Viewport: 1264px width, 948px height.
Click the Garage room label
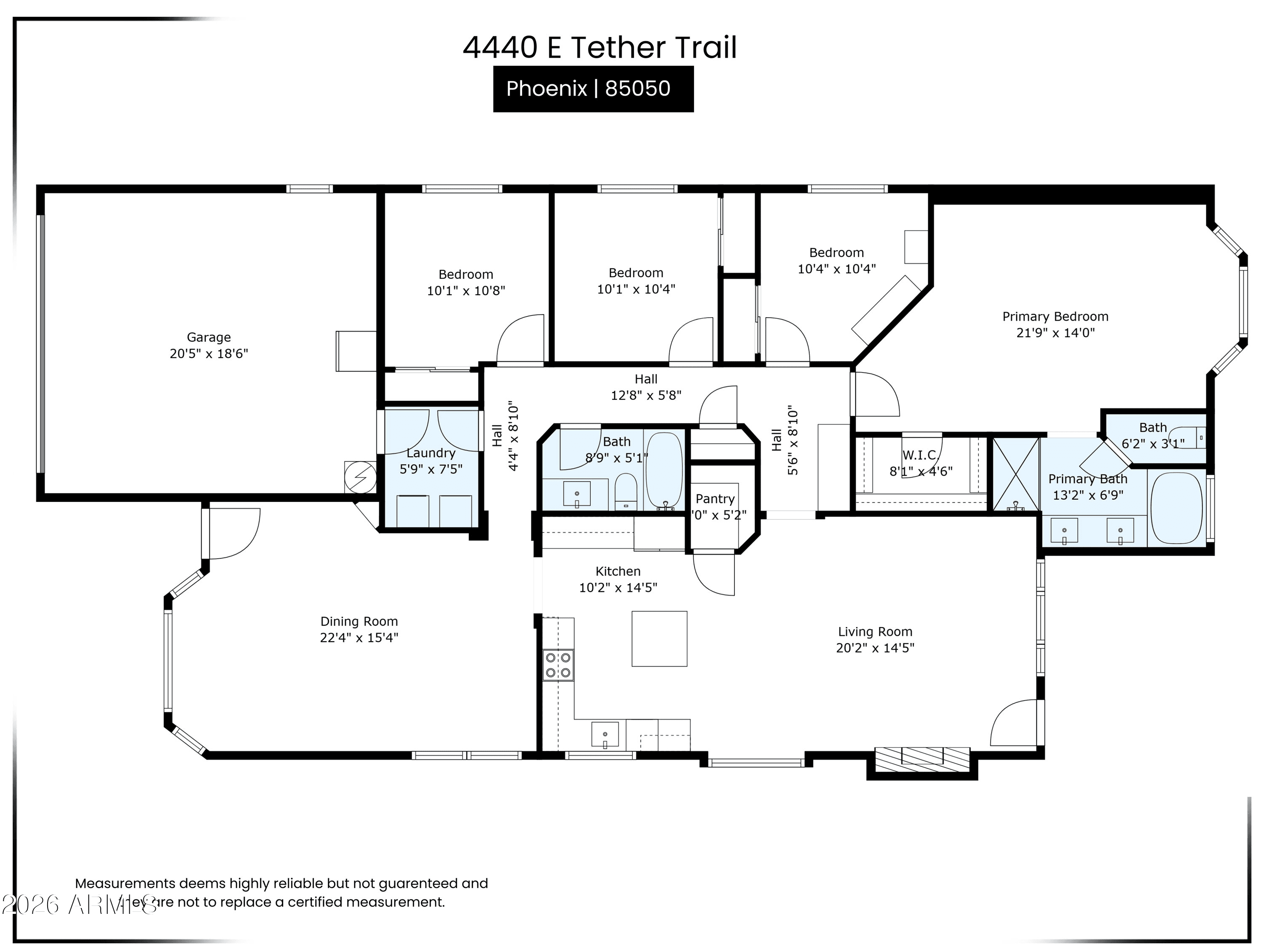[x=209, y=337]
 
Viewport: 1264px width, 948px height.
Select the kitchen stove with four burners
[x=558, y=665]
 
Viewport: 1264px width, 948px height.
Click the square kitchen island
[x=659, y=638]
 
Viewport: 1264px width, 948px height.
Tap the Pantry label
[x=715, y=499]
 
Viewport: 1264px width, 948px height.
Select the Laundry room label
[x=431, y=453]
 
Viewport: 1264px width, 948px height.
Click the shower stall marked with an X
[x=1015, y=474]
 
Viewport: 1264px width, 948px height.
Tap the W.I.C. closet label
[x=920, y=455]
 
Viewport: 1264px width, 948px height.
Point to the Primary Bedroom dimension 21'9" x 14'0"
[x=1055, y=332]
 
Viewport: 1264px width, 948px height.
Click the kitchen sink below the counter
[x=605, y=735]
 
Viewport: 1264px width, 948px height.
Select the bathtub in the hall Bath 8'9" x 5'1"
[x=664, y=470]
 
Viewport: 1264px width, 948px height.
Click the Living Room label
[x=875, y=632]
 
